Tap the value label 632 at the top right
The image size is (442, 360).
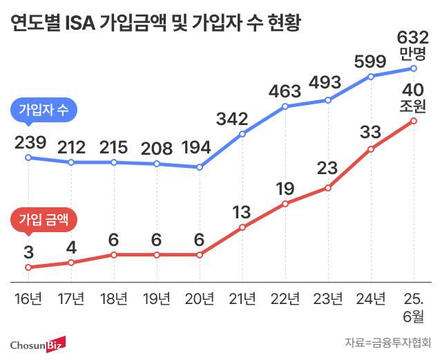pyautogui.click(x=414, y=37)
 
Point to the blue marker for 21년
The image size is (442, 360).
pyautogui.click(x=242, y=133)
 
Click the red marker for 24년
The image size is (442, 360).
pyautogui.click(x=371, y=149)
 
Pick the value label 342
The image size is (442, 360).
pyautogui.click(x=242, y=119)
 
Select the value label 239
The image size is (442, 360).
pyautogui.click(x=29, y=143)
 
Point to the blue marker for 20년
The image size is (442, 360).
pyautogui.click(x=200, y=167)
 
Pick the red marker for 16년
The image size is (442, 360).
pyautogui.click(x=28, y=267)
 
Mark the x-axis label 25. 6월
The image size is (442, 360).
pyautogui.click(x=414, y=307)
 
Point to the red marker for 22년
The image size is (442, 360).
pyautogui.click(x=285, y=204)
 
